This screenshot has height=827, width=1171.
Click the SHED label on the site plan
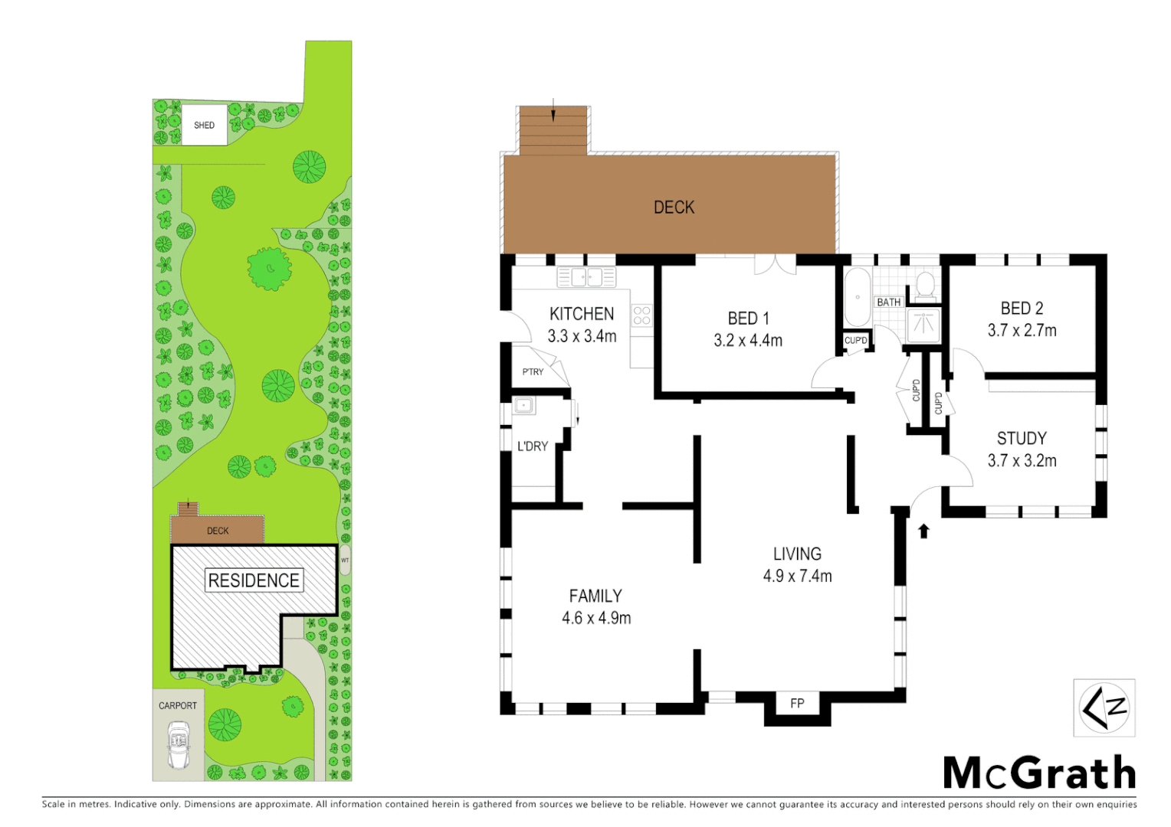pyautogui.click(x=204, y=125)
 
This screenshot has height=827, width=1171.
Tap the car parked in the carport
pyautogui.click(x=178, y=745)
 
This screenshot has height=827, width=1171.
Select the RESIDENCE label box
pyautogui.click(x=254, y=580)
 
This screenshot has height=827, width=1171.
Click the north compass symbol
pyautogui.click(x=1104, y=708)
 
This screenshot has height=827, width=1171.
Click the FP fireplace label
pyautogui.click(x=797, y=703)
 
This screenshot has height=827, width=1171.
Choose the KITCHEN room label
pyautogui.click(x=582, y=314)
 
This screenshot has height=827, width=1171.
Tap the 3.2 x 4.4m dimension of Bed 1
pyautogui.click(x=748, y=341)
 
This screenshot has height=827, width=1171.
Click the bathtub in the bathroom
pyautogui.click(x=857, y=297)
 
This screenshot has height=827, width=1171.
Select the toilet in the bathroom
pyautogui.click(x=925, y=284)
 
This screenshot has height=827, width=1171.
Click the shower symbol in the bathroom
pyautogui.click(x=923, y=325)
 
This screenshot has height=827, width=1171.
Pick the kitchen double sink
pyautogui.click(x=586, y=277)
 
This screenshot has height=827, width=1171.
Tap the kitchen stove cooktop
pyautogui.click(x=641, y=315)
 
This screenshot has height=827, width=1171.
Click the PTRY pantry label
pyautogui.click(x=533, y=372)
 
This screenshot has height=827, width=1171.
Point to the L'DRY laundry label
pyautogui.click(x=532, y=446)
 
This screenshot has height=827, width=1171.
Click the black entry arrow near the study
pyautogui.click(x=923, y=531)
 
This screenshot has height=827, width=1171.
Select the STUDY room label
pyautogui.click(x=1022, y=439)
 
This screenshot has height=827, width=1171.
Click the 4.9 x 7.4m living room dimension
pyautogui.click(x=797, y=577)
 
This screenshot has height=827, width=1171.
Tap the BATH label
pyautogui.click(x=888, y=302)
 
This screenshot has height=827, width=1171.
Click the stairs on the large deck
pyautogui.click(x=553, y=130)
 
